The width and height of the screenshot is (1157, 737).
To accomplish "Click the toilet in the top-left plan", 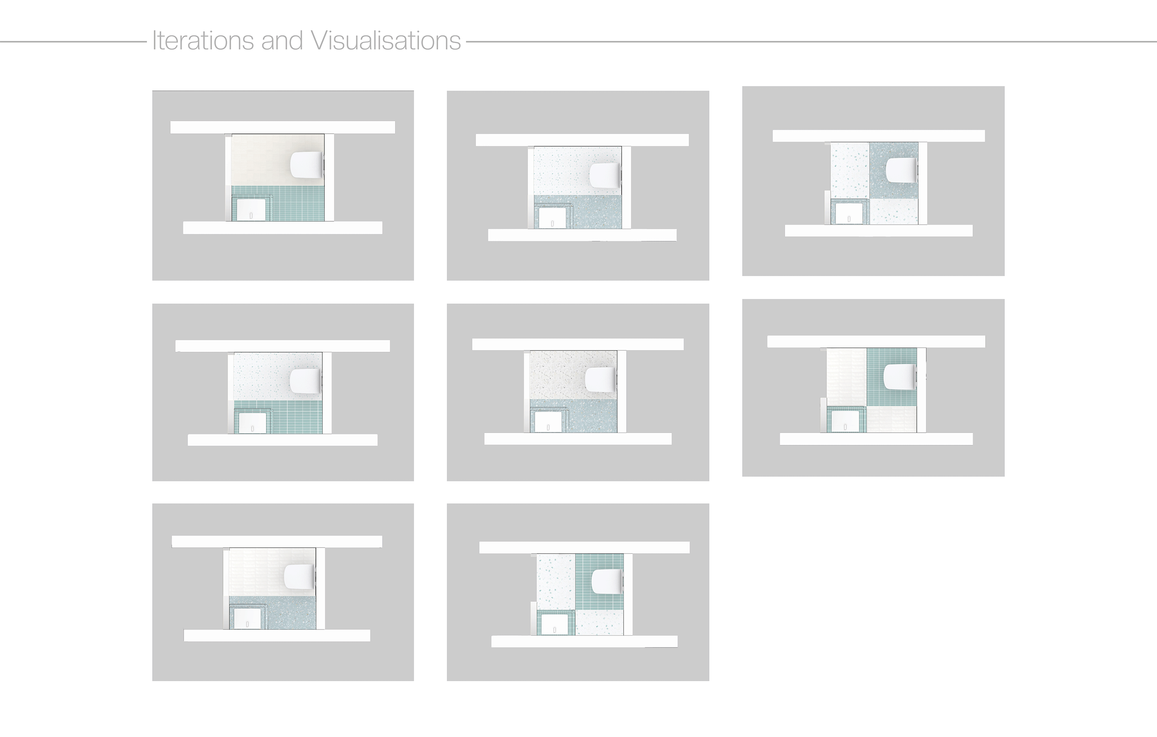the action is click(x=306, y=165).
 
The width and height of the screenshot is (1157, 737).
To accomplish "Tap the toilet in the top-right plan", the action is click(x=900, y=171).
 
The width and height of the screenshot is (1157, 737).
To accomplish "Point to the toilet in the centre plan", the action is click(x=601, y=379).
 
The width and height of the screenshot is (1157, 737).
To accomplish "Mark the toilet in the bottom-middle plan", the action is click(x=606, y=581).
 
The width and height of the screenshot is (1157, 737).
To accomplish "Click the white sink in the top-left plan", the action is click(x=251, y=210).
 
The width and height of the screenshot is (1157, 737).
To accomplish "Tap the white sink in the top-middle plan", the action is click(x=552, y=218).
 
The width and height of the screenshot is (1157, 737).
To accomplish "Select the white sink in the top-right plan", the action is click(x=849, y=214).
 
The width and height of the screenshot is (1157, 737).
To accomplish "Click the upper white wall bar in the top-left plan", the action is click(x=282, y=127).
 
